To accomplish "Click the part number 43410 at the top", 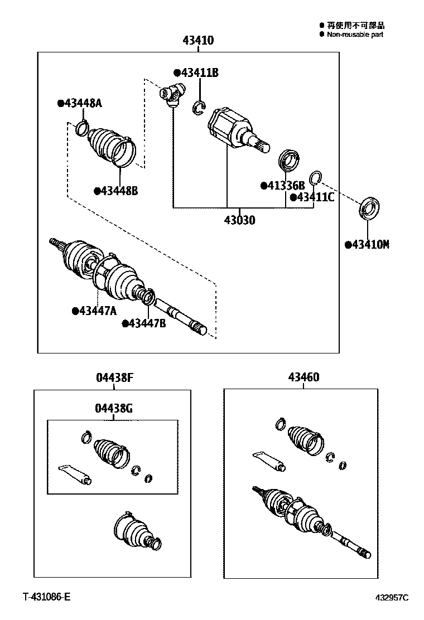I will tap(198, 41).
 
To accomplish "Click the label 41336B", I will tap(283, 185).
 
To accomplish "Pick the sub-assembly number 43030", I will tap(240, 220).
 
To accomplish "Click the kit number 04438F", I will tap(114, 377).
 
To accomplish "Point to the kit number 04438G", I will tap(114, 408).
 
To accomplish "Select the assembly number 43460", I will tap(303, 377).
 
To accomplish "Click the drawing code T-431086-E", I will tap(47, 597).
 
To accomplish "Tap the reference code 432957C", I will tap(391, 598).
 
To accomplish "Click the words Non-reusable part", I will tap(355, 35).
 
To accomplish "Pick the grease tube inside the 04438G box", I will tap(75, 473).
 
